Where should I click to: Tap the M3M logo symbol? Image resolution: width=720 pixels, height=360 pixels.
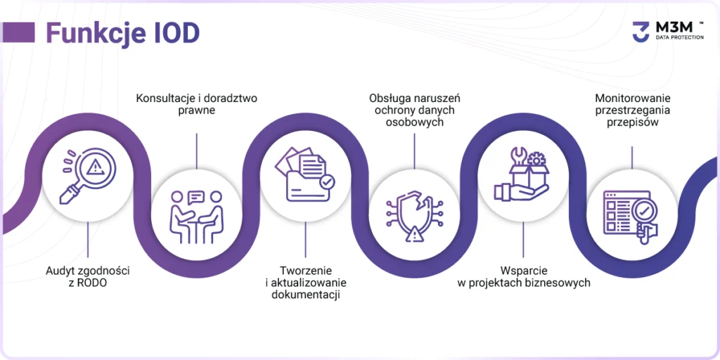point(640,31)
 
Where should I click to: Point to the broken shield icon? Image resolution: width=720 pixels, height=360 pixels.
point(414,214)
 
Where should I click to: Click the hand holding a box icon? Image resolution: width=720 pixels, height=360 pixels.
point(523,176)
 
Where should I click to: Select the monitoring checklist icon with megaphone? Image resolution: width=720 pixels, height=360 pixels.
point(631,214)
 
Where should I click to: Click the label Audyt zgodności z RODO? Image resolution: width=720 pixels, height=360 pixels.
point(88,277)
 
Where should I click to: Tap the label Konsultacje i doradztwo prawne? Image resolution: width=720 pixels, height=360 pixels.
point(196,104)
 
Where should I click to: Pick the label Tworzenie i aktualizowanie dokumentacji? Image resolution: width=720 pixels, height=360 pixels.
point(305,283)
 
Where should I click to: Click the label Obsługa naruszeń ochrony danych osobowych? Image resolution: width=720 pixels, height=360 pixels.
point(414,110)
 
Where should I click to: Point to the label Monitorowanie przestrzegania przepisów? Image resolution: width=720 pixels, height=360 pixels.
point(631,110)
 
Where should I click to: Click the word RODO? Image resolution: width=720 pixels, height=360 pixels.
point(93,283)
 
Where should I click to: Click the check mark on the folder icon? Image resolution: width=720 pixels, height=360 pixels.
point(326,181)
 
